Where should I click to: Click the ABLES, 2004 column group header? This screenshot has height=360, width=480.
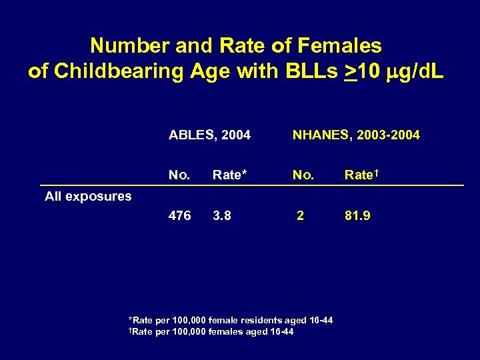[209, 135]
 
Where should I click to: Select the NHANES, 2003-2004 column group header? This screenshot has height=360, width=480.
[356, 135]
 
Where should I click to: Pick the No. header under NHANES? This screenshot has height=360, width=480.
[303, 175]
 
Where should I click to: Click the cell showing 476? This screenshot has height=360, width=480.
[179, 215]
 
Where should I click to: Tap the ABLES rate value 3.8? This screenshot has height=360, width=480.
[221, 215]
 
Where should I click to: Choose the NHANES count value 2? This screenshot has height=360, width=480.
[301, 215]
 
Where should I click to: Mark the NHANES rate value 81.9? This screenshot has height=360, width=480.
[357, 215]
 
